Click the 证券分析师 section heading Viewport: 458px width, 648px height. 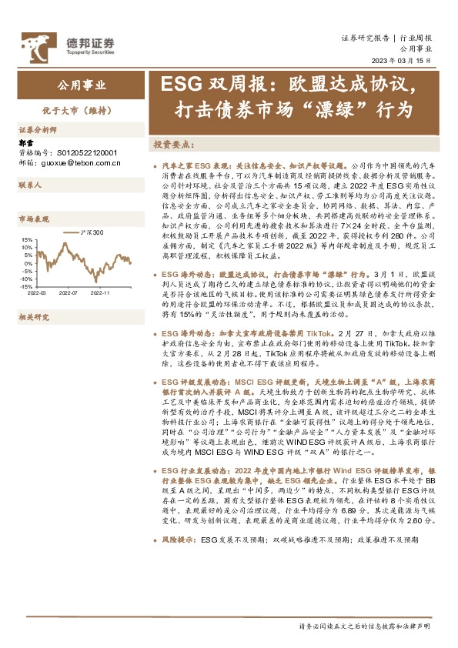pos(38,130)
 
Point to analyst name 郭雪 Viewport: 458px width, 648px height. pos(26,143)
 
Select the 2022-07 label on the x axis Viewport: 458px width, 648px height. pos(69,293)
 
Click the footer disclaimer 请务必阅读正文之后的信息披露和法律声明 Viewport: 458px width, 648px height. pos(364,627)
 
